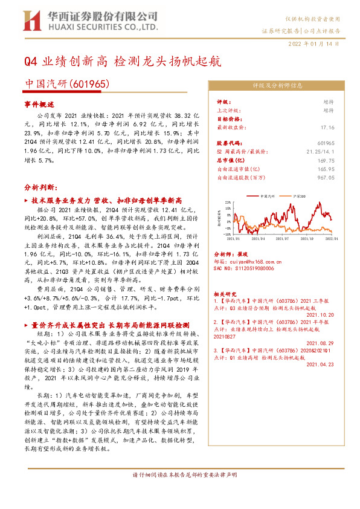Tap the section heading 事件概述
(39, 105)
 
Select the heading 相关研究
(226, 291)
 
